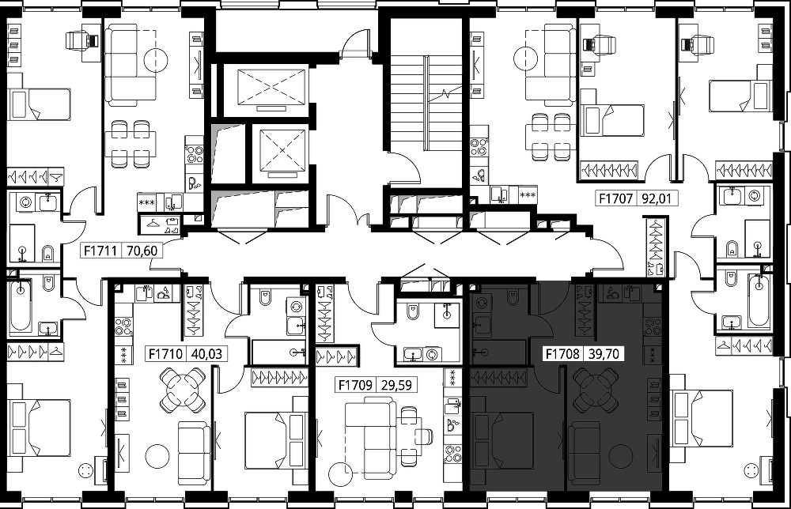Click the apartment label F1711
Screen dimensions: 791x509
tap(100, 251)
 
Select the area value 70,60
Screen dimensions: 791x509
tap(142, 251)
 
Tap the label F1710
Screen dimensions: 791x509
tap(166, 354)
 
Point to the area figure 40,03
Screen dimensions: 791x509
tap(206, 354)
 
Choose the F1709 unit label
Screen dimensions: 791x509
tap(356, 386)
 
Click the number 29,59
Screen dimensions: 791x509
tap(396, 386)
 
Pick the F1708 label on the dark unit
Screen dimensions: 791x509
tap(562, 354)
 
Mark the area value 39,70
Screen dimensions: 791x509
tap(604, 354)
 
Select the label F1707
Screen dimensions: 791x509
tap(615, 198)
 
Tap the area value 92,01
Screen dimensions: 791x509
tap(657, 198)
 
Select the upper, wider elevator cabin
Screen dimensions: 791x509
tap(271, 89)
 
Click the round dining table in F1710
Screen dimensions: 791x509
tap(183, 390)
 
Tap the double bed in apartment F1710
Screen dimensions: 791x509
tap(276, 440)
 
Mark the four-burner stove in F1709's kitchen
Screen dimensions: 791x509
tap(452, 453)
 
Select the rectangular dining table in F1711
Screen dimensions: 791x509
tap(131, 143)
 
